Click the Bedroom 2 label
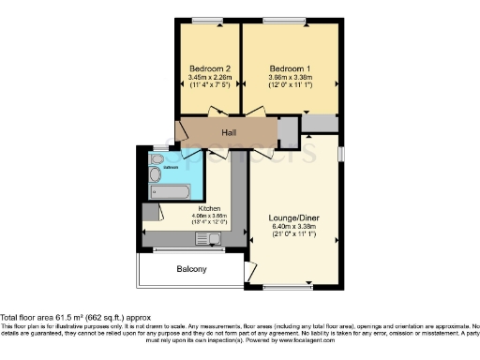click(210, 69)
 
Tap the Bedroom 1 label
click(289, 69)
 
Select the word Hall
click(228, 133)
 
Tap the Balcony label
click(192, 270)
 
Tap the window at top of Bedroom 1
click(290, 21)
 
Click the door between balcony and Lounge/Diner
click(248, 271)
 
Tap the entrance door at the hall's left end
click(180, 131)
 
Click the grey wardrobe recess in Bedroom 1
click(320, 124)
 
